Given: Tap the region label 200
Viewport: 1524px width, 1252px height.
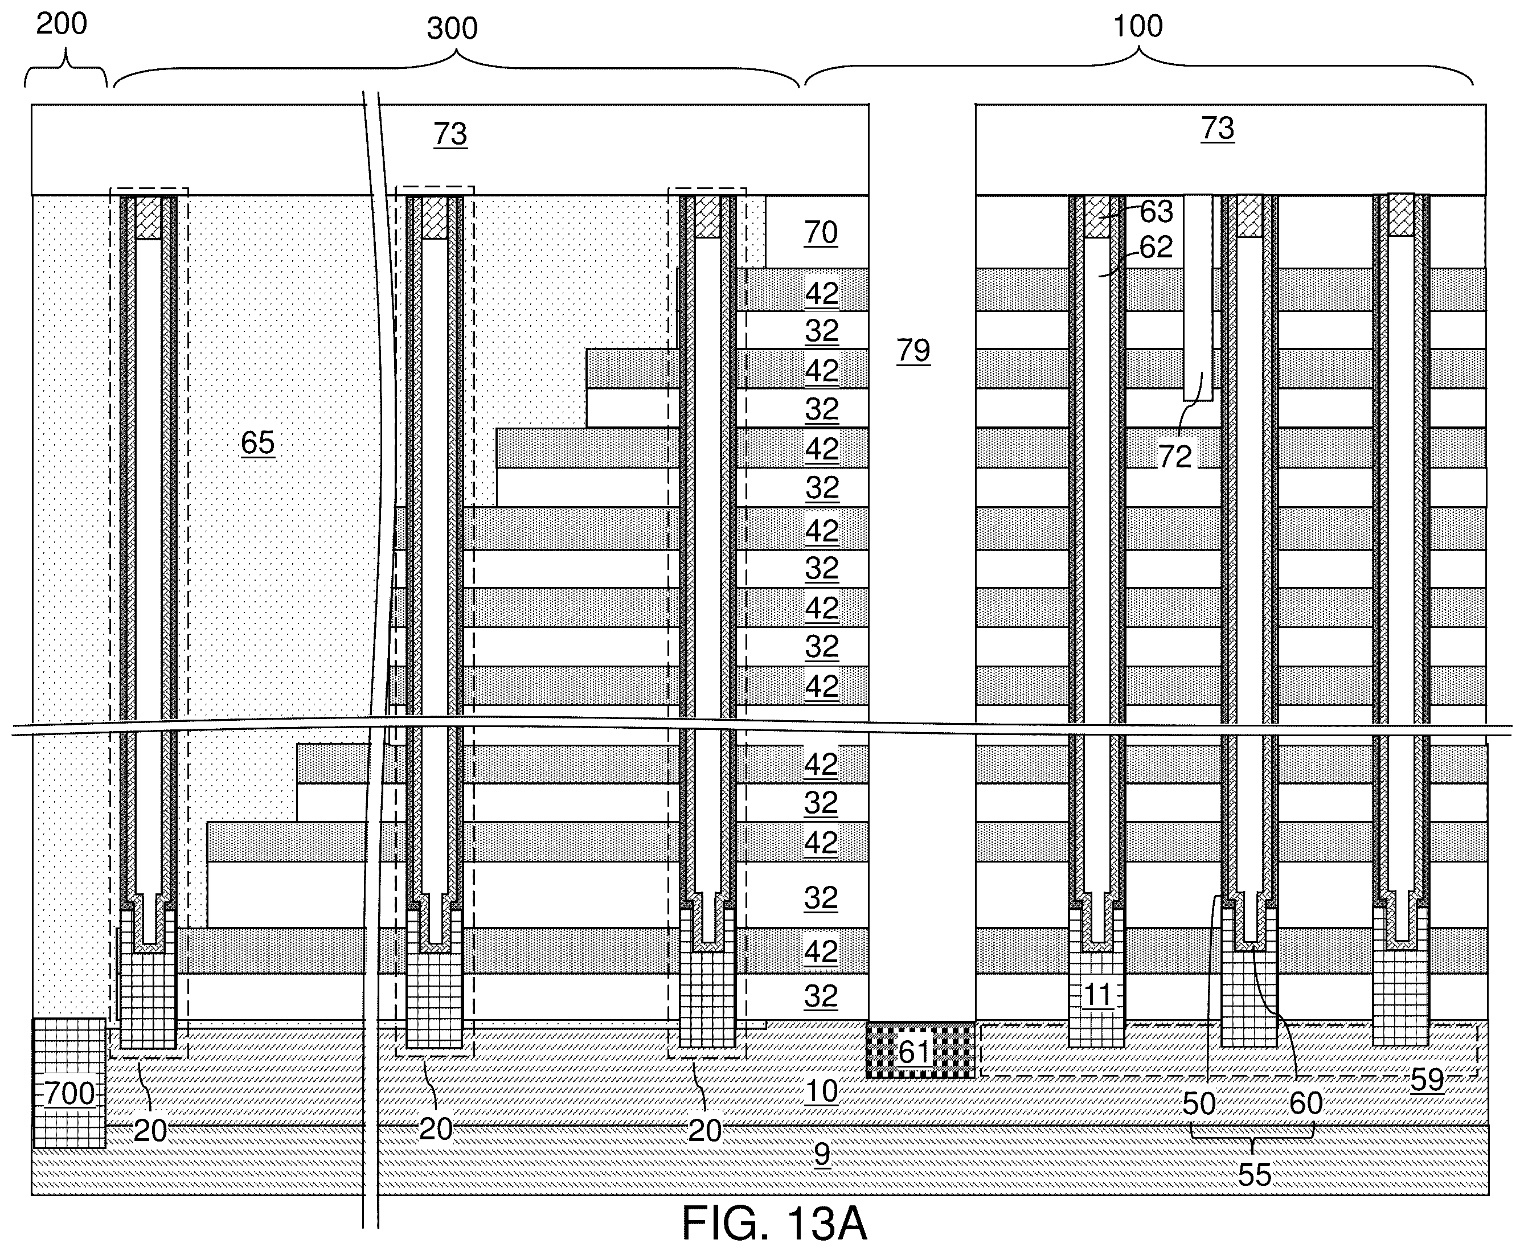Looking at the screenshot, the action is click(62, 24).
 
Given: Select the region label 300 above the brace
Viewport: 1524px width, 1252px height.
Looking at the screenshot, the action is click(452, 28).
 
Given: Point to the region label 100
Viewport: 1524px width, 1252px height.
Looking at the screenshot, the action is click(1138, 26).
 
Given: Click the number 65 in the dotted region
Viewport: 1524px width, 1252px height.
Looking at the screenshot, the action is click(257, 442).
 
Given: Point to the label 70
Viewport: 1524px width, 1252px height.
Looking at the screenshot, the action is click(821, 232).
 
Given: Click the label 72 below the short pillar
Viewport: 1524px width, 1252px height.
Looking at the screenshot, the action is click(1175, 456).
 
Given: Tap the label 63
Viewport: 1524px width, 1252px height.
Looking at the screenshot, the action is click(1156, 211).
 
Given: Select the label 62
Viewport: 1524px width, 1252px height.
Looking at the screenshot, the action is click(1156, 247).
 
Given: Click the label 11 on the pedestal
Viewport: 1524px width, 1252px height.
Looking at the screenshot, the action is click(1098, 995).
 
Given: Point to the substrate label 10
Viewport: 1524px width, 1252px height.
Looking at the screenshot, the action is click(821, 1091).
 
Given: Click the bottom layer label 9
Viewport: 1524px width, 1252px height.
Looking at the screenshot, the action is click(821, 1154).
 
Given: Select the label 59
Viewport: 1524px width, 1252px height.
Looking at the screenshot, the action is click(1427, 1079).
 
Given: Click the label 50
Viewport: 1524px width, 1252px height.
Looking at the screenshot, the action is click(1199, 1103).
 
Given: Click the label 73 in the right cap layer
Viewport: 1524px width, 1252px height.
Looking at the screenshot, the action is click(1218, 128).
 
